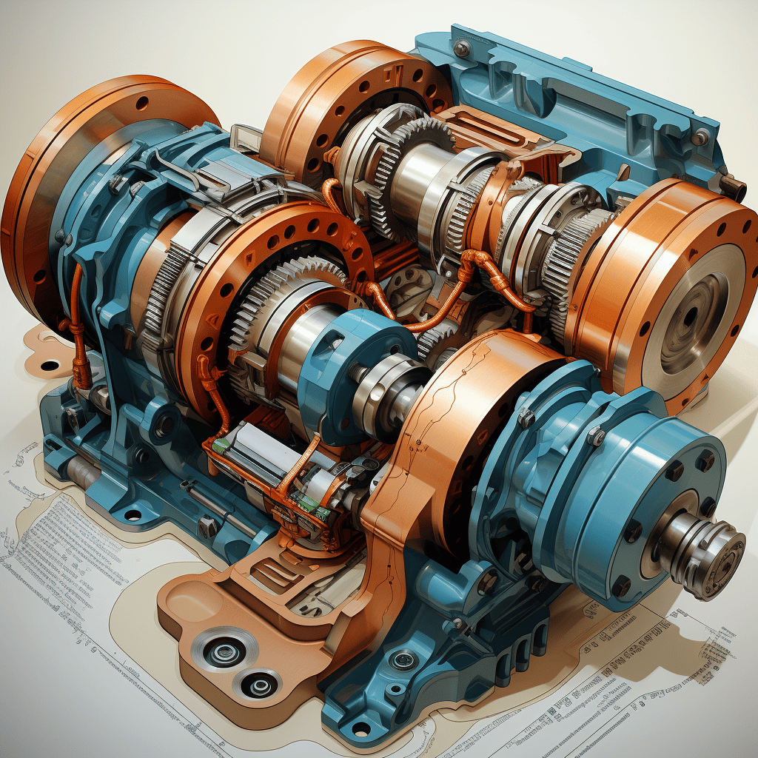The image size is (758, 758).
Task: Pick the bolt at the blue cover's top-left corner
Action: coord(462,49)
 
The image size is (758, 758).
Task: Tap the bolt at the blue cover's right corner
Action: coord(700,137)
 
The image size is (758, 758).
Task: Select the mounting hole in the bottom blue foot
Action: coord(360,728)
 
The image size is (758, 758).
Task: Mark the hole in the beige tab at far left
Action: coord(50,365)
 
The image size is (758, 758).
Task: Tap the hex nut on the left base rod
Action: coord(208,527)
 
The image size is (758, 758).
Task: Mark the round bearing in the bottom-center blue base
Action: coord(404,658)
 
